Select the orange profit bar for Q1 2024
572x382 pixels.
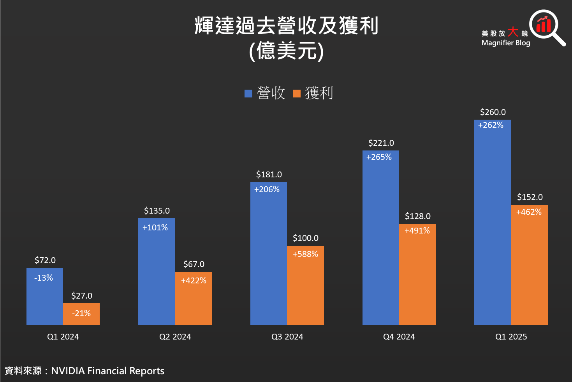[81, 318]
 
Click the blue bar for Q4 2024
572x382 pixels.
[380, 242]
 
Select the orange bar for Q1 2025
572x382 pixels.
[529, 269]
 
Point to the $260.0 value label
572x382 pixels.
[493, 112]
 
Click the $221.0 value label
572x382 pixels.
[381, 143]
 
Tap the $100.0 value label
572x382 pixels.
[305, 238]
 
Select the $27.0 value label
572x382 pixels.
[81, 296]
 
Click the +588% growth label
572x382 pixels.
[305, 254]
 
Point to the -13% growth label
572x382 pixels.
[44, 278]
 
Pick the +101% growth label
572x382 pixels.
[155, 228]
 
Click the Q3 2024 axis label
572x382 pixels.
[287, 337]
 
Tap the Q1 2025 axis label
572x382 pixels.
[511, 337]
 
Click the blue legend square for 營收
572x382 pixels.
[248, 94]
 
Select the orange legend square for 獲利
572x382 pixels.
[297, 94]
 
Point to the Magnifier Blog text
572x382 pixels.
[506, 43]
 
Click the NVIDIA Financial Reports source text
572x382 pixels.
[107, 371]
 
